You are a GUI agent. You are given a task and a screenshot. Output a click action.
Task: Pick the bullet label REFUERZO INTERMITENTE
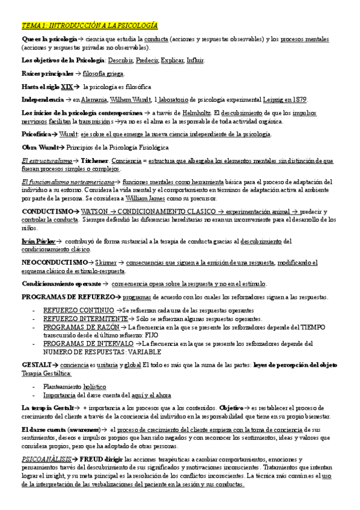(x=85, y=319)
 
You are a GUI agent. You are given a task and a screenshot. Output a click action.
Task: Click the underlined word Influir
(x=194, y=61)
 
